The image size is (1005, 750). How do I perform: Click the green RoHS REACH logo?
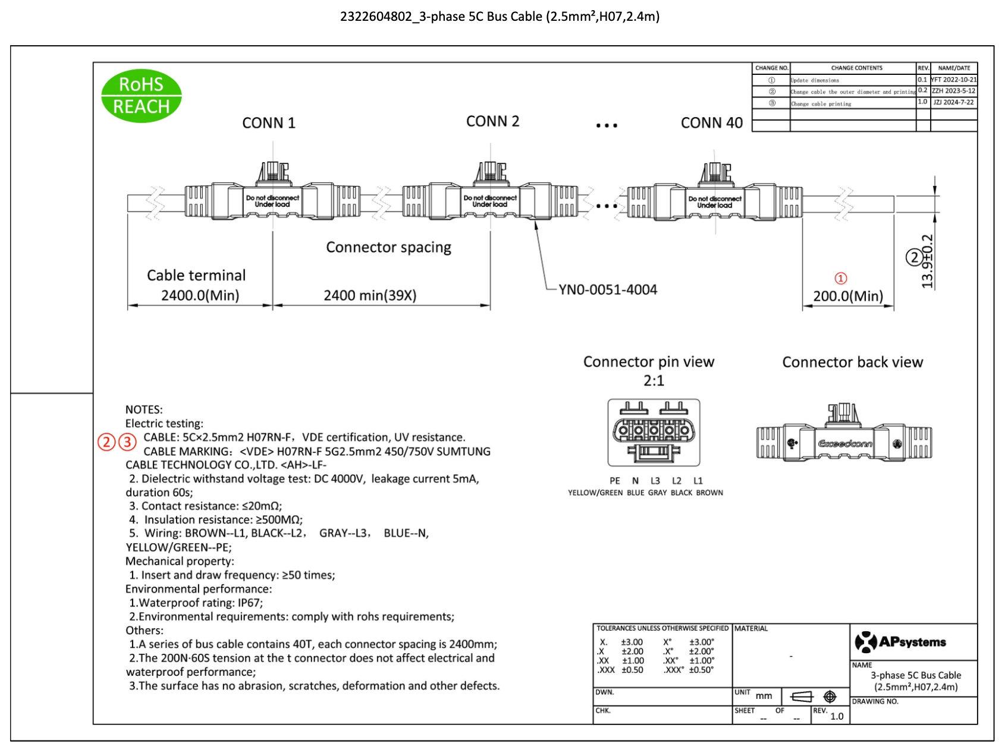[141, 96]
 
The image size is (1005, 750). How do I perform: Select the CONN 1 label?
[268, 123]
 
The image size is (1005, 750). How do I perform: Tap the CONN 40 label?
[711, 123]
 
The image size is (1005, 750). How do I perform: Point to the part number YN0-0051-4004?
[607, 290]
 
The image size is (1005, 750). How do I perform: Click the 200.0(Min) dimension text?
[847, 296]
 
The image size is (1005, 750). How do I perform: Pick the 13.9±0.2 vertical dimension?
[927, 261]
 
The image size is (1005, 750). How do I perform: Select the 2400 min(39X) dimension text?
[369, 295]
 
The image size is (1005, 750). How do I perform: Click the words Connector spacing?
[388, 247]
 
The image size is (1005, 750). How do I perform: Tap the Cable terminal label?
[196, 275]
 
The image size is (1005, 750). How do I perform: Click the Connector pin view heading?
[648, 362]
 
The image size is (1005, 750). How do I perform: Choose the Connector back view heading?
[852, 363]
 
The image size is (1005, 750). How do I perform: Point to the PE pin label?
[614, 481]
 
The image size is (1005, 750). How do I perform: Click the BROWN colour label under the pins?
[709, 493]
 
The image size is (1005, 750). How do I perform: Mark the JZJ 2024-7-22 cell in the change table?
[953, 102]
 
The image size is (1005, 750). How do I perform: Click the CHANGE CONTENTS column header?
[856, 68]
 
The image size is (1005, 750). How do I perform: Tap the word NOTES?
[144, 409]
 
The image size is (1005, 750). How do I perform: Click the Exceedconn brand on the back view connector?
[845, 444]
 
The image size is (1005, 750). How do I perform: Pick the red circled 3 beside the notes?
[127, 442]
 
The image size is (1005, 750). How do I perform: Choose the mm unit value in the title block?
[764, 696]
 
